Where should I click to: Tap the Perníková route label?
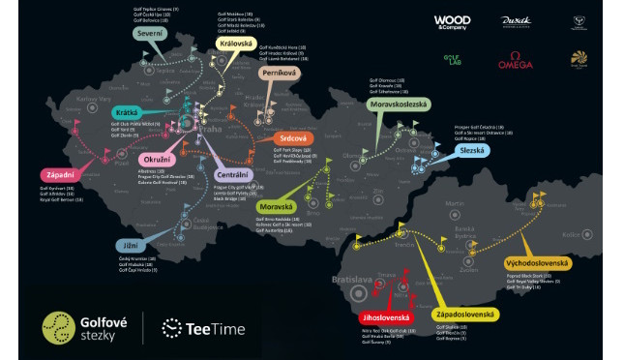282,73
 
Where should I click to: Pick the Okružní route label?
158,157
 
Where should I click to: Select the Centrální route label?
234,175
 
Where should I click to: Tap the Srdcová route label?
293,139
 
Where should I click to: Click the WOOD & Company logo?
452,21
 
